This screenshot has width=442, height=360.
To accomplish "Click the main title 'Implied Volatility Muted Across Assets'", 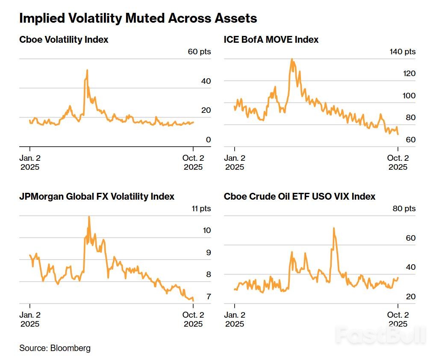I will tap(138, 18).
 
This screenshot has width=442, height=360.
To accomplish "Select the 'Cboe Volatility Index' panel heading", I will tap(64, 40).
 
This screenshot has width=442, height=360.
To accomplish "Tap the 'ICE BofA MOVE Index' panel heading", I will tap(271, 40).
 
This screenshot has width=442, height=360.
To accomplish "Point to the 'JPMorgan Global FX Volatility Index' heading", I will tap(97, 197).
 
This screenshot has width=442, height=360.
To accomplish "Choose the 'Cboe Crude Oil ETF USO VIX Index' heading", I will tap(300, 197).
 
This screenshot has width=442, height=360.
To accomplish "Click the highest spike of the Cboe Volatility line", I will tap(87, 70).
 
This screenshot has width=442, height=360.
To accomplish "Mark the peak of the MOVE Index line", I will tap(292, 59).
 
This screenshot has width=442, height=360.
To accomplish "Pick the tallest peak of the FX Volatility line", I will tap(89, 216).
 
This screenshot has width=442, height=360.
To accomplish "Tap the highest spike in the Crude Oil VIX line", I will tap(333, 228).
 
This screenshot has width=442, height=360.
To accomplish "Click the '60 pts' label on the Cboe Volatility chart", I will tap(199, 52).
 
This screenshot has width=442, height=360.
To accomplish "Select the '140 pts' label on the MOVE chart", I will tap(402, 52).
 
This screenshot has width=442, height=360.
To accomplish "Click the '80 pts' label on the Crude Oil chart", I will tap(404, 209).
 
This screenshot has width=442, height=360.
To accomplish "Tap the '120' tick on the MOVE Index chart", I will tap(409, 74).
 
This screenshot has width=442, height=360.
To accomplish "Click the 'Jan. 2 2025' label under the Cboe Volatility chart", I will tap(30, 162).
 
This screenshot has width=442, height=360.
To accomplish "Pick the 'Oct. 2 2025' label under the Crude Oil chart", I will tap(398, 319).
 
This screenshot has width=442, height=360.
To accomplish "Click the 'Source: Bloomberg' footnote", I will tap(55, 348).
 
